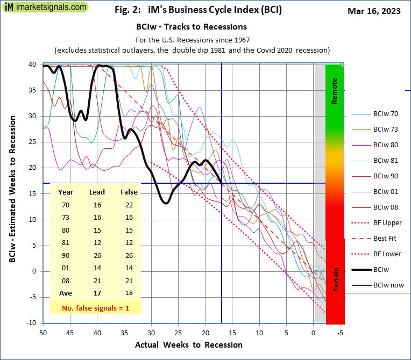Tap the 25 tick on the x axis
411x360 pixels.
point(179,333)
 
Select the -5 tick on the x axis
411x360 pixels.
point(340,333)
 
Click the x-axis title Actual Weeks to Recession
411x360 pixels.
point(188,345)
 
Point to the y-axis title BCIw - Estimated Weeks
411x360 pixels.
point(12,192)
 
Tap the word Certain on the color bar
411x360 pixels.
point(335,280)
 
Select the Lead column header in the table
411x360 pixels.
point(97,192)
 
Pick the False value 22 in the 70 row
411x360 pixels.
point(129,205)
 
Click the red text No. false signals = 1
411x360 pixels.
point(95,308)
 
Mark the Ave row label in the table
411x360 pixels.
point(66,293)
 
